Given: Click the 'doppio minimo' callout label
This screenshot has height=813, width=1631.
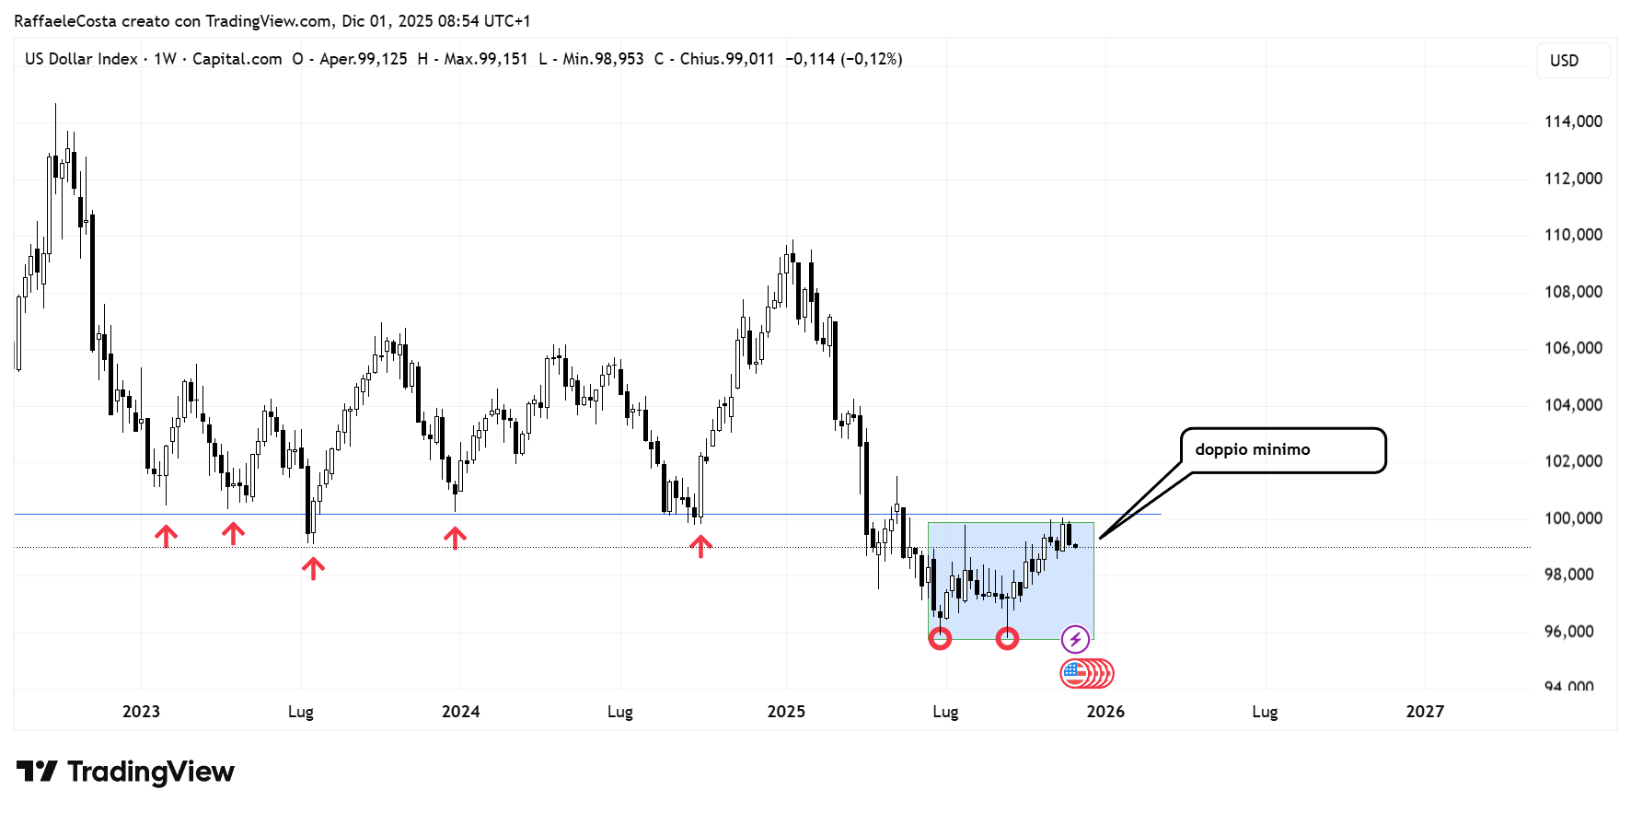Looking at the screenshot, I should point(1252,449).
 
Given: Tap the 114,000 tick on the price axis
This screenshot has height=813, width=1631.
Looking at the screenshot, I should point(1573,122).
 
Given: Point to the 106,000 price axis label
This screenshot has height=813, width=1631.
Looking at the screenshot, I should point(1573,348).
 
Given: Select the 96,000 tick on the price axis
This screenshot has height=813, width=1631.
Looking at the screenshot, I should point(1568,632).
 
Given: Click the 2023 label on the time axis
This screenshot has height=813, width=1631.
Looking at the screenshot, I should point(141,712).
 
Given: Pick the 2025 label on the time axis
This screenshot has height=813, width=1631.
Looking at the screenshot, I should point(786,712).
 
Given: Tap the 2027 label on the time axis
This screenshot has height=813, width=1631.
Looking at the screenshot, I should point(1425,712).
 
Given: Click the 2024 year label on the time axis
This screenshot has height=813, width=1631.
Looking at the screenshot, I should point(460,712).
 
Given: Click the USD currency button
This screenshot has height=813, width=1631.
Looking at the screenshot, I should point(1564,61).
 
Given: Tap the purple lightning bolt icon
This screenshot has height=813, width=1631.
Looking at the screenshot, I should point(1075,638).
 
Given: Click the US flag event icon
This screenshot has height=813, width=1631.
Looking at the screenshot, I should point(1074,674).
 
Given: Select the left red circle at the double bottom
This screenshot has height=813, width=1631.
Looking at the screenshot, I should point(940,638).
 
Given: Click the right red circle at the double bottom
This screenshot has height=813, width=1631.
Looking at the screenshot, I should point(1008,638).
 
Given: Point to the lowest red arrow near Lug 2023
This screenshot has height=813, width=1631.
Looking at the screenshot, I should point(313,568).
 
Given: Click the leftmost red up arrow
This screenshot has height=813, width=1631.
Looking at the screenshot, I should point(166,536).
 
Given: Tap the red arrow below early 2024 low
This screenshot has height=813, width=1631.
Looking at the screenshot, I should point(455,538).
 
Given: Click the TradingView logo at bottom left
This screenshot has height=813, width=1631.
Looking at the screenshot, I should point(126,772).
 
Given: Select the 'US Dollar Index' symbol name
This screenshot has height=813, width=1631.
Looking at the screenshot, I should point(81,59).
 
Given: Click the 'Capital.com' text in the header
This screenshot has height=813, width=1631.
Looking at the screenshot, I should point(237,59).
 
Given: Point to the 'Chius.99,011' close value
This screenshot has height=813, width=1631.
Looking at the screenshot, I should point(726,59).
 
